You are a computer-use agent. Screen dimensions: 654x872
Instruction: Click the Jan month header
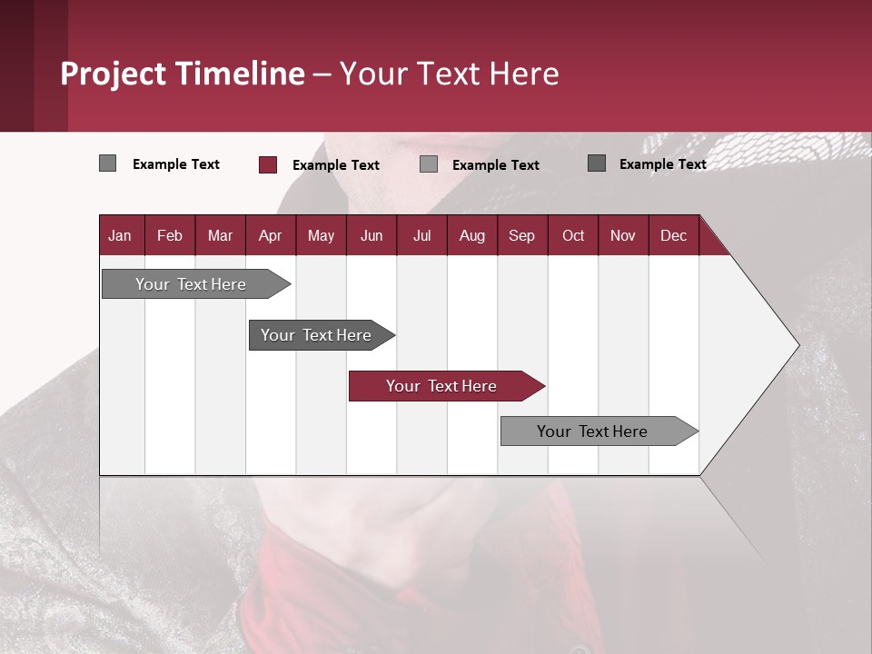click(121, 235)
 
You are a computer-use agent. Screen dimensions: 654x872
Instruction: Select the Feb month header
click(170, 235)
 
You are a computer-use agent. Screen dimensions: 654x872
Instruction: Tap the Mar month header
click(220, 235)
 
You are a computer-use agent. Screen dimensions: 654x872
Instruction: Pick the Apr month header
click(271, 235)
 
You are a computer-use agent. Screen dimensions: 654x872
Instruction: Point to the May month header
click(321, 235)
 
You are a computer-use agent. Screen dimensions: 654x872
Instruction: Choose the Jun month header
click(372, 235)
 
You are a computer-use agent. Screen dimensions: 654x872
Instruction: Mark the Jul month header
click(421, 235)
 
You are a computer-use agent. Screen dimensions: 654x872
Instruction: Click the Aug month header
click(472, 235)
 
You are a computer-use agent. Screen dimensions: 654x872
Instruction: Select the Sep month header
click(522, 235)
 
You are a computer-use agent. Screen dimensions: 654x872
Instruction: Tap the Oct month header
click(573, 235)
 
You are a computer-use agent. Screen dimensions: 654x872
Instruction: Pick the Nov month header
click(623, 235)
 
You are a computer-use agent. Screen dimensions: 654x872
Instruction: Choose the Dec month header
click(674, 235)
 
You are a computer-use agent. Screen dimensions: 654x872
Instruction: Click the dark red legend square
click(267, 164)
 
